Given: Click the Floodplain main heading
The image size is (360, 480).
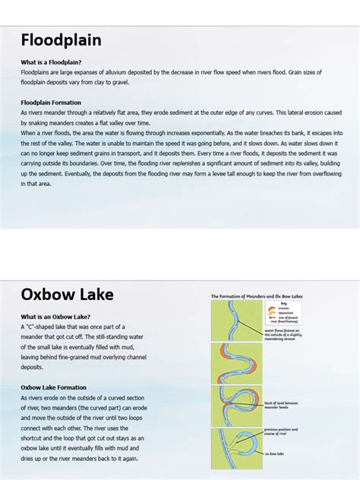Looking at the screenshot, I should pos(61,40).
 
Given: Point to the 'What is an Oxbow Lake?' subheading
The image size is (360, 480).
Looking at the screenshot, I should pos(55,317).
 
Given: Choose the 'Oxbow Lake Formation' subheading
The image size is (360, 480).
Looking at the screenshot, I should pos(53,387).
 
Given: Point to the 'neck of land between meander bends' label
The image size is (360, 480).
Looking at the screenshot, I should pos(283,405).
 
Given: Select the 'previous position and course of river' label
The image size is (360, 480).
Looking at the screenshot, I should pos(282,431).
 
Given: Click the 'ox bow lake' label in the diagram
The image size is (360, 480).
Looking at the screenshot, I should pos(275,453).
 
